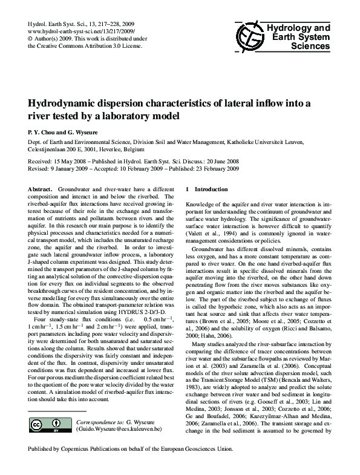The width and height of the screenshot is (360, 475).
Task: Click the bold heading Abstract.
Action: (x=40, y=189)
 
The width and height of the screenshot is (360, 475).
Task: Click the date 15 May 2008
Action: (x=71, y=163)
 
